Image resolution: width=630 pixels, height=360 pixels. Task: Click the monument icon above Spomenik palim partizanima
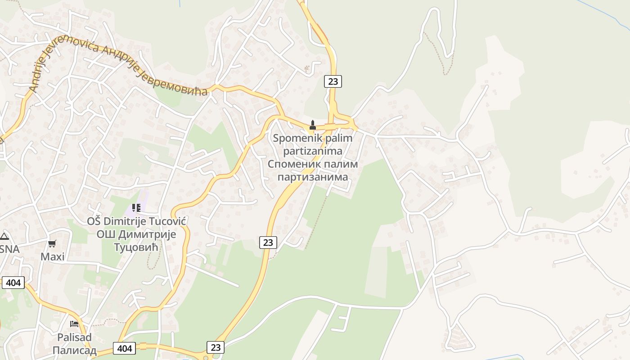(313, 125)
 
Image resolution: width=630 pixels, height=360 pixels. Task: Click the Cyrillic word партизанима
(313, 177)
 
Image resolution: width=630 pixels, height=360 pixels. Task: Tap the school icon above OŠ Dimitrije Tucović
(136, 208)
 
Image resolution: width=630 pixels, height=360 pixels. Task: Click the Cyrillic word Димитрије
(148, 234)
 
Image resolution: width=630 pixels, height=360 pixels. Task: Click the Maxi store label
(53, 257)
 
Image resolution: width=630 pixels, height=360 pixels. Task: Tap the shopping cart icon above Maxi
(52, 244)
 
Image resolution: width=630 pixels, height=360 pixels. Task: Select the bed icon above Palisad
(74, 324)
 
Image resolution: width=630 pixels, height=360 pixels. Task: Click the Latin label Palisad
(74, 337)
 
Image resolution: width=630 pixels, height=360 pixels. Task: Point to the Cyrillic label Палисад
(74, 351)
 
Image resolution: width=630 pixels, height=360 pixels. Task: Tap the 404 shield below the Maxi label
(13, 283)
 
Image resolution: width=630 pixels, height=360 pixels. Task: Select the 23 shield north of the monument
(333, 81)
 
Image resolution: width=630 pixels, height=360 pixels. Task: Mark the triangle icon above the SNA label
(4, 236)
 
